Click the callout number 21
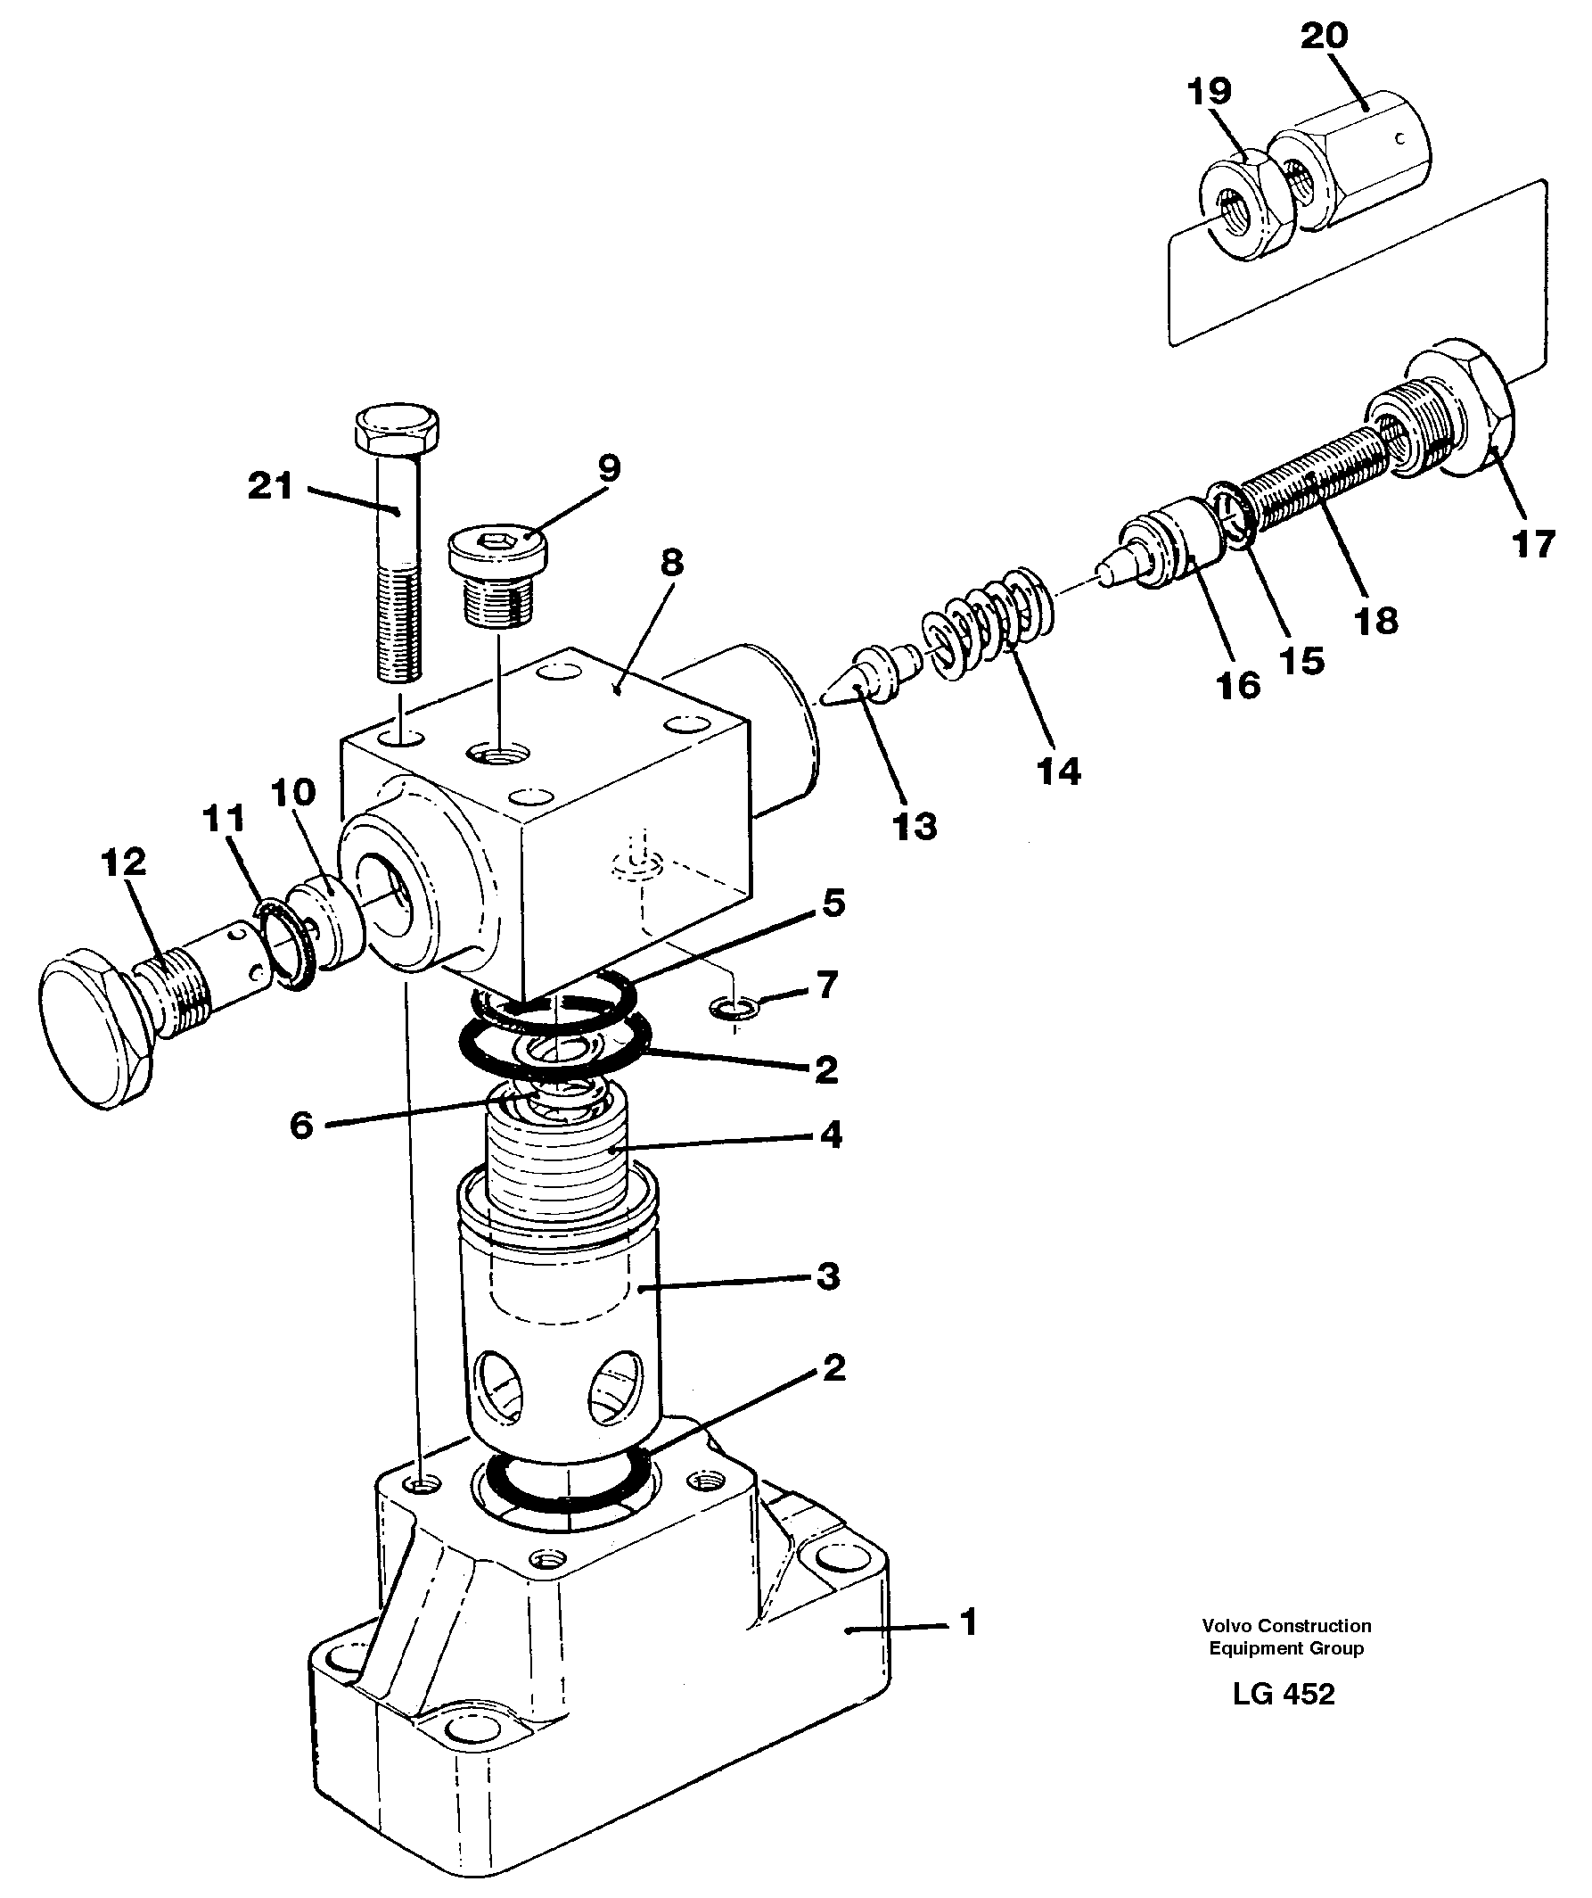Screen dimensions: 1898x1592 270,487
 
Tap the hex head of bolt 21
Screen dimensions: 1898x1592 398,430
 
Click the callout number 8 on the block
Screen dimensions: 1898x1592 672,564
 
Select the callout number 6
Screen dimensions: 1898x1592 301,1126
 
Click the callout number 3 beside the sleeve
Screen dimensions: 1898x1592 827,1276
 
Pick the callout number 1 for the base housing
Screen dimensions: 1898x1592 968,1624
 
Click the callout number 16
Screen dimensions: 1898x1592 1238,686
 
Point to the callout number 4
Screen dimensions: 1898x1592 831,1135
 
